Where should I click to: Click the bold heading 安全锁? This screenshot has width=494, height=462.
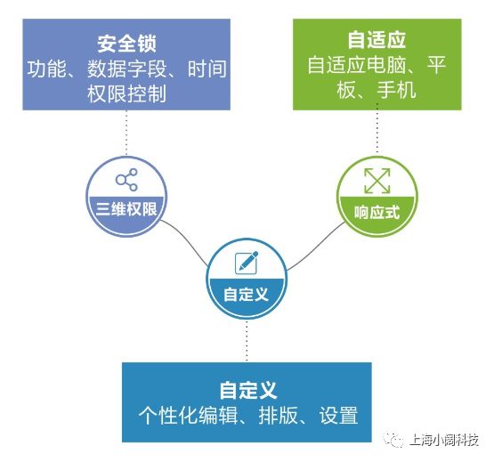126,44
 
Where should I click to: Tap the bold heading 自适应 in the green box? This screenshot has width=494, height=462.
377,40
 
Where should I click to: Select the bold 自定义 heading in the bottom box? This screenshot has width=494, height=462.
248,390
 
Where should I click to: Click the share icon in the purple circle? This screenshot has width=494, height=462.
126,180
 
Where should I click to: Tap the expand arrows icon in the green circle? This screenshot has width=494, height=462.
377,181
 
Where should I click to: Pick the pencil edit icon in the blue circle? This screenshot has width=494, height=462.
247,263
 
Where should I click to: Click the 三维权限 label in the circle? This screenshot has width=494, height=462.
126,209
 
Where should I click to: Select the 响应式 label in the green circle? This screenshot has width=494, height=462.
377,212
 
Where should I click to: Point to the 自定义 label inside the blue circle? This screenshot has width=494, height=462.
246,295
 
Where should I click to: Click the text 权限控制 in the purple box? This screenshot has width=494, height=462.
126,93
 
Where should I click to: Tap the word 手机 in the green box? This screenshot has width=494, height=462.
397,90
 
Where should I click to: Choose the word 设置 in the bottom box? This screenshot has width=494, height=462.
338,416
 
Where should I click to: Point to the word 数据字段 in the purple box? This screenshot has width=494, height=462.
126,69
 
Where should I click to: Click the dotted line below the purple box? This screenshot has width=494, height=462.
126,133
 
